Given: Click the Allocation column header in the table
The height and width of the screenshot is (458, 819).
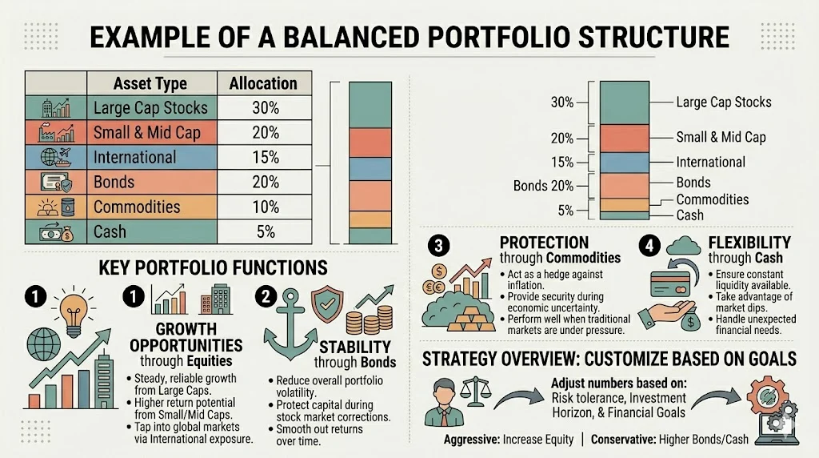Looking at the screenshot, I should click(x=262, y=83).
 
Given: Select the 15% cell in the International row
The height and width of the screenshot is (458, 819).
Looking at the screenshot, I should click(x=265, y=157).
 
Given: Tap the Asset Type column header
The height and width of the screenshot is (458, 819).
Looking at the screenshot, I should click(x=150, y=83).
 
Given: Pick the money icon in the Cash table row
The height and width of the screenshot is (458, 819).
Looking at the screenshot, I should click(x=55, y=231).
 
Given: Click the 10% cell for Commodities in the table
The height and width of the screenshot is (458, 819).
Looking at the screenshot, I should click(x=265, y=207).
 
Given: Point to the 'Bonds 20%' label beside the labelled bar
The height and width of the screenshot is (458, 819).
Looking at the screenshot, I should click(x=543, y=186).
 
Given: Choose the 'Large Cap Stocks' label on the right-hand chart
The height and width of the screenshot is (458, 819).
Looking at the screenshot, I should click(x=723, y=102).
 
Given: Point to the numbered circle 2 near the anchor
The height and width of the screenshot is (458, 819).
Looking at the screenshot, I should click(x=266, y=295).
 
